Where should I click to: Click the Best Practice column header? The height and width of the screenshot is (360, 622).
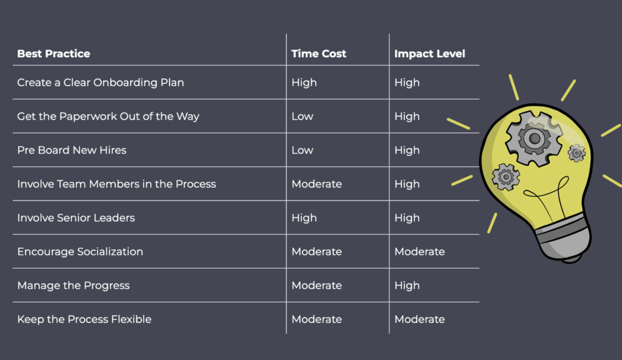coord(53,53)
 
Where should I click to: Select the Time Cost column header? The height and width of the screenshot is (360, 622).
coord(318,53)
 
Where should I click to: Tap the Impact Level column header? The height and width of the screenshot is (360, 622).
coord(429,53)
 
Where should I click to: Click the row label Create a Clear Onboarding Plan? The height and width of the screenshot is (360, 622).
coord(100,83)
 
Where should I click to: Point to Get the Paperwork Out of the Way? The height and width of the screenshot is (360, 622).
coord(108,117)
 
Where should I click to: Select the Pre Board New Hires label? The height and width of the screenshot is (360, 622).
coord(72,150)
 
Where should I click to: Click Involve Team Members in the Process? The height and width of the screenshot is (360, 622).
coord(117,184)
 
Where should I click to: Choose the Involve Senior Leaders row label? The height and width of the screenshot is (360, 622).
coord(76,218)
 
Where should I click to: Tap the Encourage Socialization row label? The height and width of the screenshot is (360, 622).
coord(80,251)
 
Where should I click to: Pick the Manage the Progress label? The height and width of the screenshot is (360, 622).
coord(73,285)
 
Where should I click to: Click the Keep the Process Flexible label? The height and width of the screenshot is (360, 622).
coord(84,319)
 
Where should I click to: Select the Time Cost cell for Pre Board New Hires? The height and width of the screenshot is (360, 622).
coord(302,150)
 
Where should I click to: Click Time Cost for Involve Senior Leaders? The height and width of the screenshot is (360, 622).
coord(304,218)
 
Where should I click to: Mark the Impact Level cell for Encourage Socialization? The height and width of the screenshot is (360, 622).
coord(420,251)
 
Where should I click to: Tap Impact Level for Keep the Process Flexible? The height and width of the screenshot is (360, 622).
coord(420,319)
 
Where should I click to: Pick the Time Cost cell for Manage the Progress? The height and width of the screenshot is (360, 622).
coord(316,285)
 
